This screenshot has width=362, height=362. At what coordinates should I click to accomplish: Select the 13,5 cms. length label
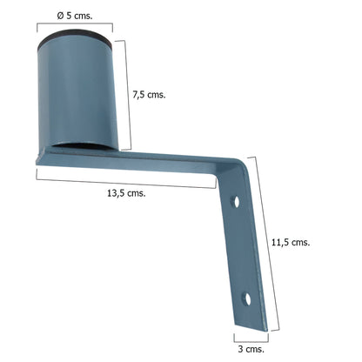pos(124,192)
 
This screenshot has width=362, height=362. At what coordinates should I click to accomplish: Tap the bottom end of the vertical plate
pos(250,324)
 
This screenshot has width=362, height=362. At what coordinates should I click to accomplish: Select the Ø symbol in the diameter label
pos(57,16)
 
